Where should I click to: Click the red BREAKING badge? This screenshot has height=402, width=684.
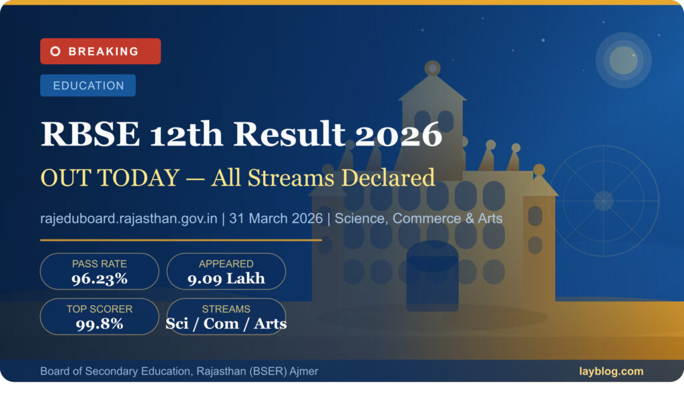100,51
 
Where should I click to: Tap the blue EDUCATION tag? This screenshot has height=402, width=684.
88,85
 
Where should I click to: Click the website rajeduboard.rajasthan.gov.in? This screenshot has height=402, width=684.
129,218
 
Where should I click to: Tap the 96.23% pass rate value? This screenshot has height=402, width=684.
100,278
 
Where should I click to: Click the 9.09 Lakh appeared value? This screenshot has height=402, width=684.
226,278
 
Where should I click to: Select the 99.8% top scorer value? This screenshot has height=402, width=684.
100,324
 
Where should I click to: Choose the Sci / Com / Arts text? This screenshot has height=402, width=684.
226,324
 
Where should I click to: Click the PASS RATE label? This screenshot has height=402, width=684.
100,264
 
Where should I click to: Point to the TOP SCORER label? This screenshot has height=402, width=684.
100,309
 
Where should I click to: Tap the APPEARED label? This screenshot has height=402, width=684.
226,264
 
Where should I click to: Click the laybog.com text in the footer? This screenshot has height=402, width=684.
611,371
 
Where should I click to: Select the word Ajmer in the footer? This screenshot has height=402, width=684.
304,371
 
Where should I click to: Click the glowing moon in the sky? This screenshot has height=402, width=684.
623,60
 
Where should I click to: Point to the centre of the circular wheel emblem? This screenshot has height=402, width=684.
603,200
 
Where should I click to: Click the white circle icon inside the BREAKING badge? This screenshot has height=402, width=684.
55,51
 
